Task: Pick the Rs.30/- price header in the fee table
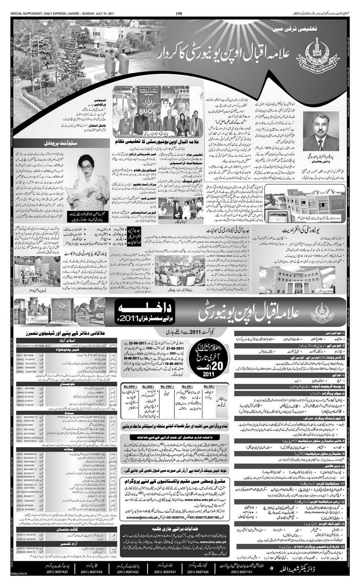(208, 386)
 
